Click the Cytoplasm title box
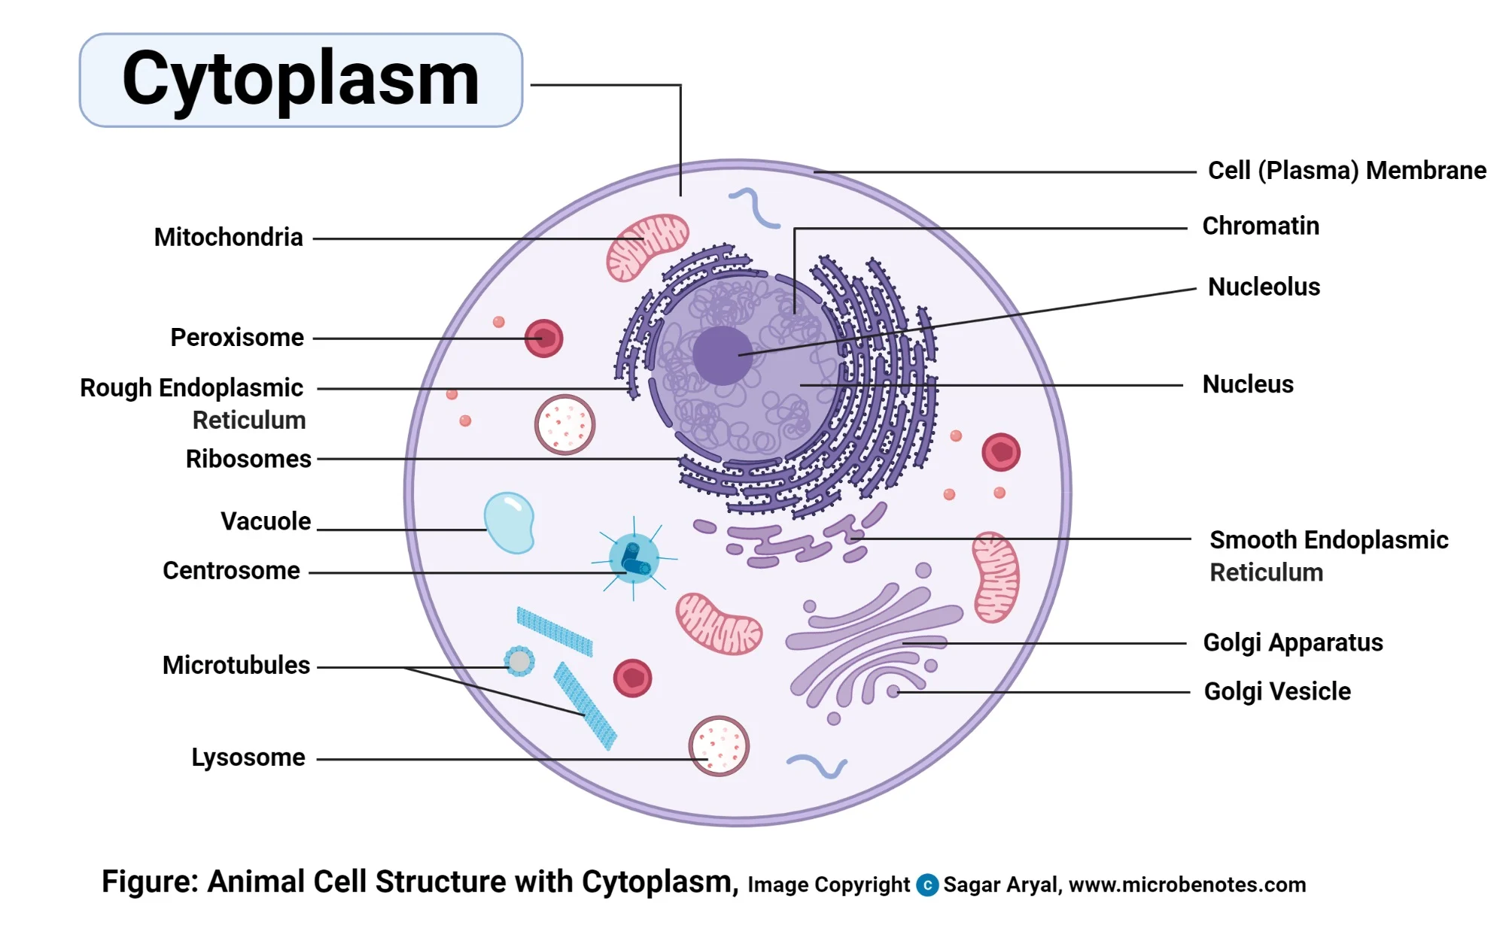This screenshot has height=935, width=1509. click(300, 80)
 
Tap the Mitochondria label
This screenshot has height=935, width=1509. click(228, 237)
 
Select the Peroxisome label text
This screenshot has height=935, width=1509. click(237, 337)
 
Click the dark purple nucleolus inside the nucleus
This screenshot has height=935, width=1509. click(722, 355)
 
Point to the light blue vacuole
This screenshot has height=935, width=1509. click(510, 521)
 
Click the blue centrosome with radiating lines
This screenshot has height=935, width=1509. click(634, 558)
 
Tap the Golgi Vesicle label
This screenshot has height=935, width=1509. click(1276, 691)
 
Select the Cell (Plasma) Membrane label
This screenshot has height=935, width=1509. click(1346, 170)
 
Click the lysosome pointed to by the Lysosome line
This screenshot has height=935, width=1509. click(719, 745)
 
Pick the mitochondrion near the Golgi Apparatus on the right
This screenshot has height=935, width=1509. click(996, 577)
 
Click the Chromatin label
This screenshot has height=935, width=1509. click(1260, 226)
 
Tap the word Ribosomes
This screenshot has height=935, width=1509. click(248, 459)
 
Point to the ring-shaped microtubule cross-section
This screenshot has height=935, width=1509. click(519, 661)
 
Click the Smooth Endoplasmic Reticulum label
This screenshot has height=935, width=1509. click(1328, 555)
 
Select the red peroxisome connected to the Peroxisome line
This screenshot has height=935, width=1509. click(543, 338)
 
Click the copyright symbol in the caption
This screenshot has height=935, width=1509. click(927, 885)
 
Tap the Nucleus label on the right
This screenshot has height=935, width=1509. click(1247, 384)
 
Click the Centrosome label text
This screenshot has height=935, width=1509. click(231, 570)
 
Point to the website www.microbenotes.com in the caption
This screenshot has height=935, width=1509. click(1187, 885)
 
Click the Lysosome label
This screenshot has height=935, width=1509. click(248, 757)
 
